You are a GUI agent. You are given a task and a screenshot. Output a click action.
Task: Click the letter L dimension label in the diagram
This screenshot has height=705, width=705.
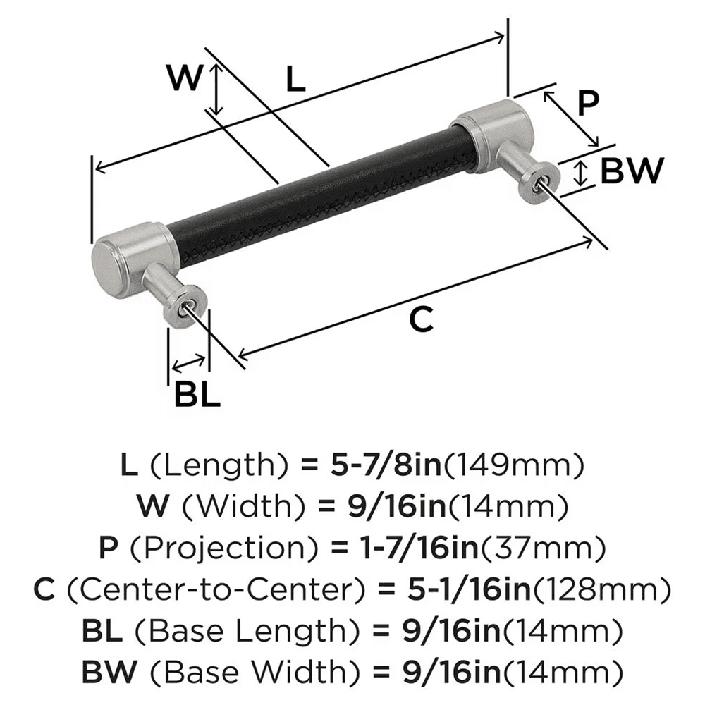pos(295,79)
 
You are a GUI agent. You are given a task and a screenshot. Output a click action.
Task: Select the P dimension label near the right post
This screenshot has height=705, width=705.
pos(587,104)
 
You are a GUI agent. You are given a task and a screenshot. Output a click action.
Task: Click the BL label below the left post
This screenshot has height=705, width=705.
pos(197,395)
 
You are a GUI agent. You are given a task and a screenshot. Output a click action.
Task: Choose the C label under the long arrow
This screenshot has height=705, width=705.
pos(421,320)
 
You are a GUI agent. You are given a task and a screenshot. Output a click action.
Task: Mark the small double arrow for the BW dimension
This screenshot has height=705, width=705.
pos(580,173)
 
